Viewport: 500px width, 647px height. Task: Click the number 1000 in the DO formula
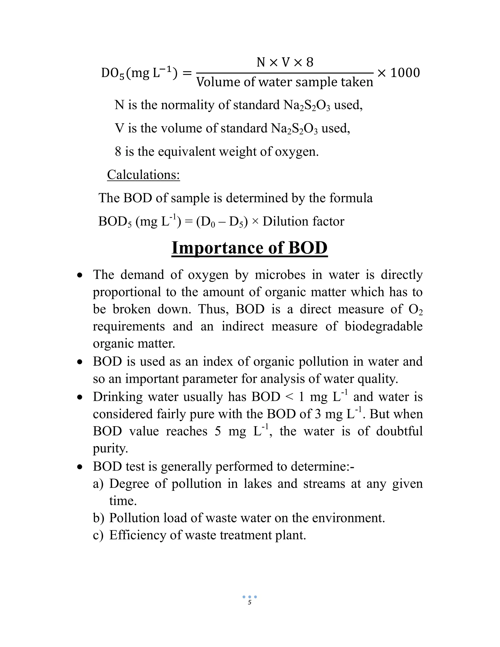click(405, 73)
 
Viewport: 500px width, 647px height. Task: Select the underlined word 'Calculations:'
click(143, 175)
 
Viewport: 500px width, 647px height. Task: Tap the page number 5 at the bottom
click(250, 602)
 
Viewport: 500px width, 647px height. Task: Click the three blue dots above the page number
click(250, 597)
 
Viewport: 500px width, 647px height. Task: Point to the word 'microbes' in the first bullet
click(280, 275)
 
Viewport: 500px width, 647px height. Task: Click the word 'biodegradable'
click(384, 326)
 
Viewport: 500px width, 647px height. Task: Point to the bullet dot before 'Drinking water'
click(79, 397)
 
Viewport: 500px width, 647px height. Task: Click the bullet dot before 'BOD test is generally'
click(79, 467)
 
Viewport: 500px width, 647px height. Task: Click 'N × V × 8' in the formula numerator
click(285, 63)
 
